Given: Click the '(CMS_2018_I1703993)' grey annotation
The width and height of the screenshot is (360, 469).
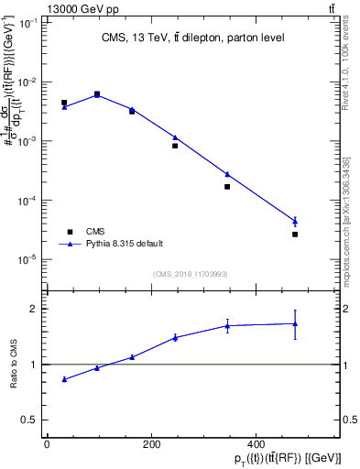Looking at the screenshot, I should pyautogui.click(x=190, y=273).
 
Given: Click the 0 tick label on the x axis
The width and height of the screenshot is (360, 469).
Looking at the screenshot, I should pyautogui.click(x=47, y=444).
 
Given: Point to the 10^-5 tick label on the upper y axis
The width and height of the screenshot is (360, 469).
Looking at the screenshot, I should pyautogui.click(x=29, y=260).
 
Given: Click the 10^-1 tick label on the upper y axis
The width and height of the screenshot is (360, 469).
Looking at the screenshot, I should pyautogui.click(x=29, y=23).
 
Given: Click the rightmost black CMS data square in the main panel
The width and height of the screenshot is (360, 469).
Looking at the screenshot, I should pyautogui.click(x=295, y=234).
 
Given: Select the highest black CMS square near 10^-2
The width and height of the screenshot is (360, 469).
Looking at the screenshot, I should pyautogui.click(x=97, y=93).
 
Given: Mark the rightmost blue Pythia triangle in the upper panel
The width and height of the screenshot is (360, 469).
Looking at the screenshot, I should pyautogui.click(x=295, y=221).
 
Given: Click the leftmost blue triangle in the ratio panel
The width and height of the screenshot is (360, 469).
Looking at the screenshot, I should pyautogui.click(x=64, y=379).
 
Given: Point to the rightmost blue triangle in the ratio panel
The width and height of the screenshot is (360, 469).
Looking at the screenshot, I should pyautogui.click(x=295, y=323).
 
